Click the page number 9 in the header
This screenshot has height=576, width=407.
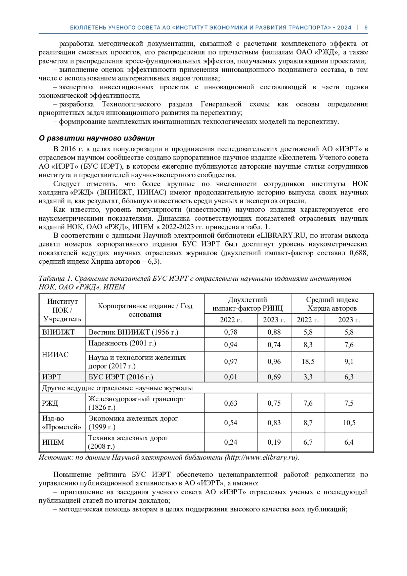(x=366, y=27)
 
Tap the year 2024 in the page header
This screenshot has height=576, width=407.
(x=344, y=27)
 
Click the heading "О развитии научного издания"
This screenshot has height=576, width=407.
(x=97, y=138)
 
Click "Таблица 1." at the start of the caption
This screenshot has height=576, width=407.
(x=56, y=279)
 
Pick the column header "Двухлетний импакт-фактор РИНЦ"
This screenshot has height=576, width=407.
(x=247, y=304)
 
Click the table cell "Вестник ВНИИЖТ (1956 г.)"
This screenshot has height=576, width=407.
(x=133, y=332)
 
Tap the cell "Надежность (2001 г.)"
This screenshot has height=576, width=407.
(x=122, y=343)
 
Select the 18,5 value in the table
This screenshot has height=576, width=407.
(x=308, y=361)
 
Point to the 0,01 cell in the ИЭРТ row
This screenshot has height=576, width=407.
(x=231, y=377)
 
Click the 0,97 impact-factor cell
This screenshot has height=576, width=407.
(x=231, y=361)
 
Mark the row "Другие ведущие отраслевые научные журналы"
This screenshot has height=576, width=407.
(x=117, y=388)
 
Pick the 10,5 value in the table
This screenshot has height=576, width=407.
(x=349, y=423)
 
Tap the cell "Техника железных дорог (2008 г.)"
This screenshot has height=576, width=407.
(x=128, y=442)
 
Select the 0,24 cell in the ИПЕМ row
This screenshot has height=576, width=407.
(x=231, y=442)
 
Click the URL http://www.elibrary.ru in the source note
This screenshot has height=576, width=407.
(x=261, y=458)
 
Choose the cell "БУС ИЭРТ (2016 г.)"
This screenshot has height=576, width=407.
(x=121, y=377)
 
